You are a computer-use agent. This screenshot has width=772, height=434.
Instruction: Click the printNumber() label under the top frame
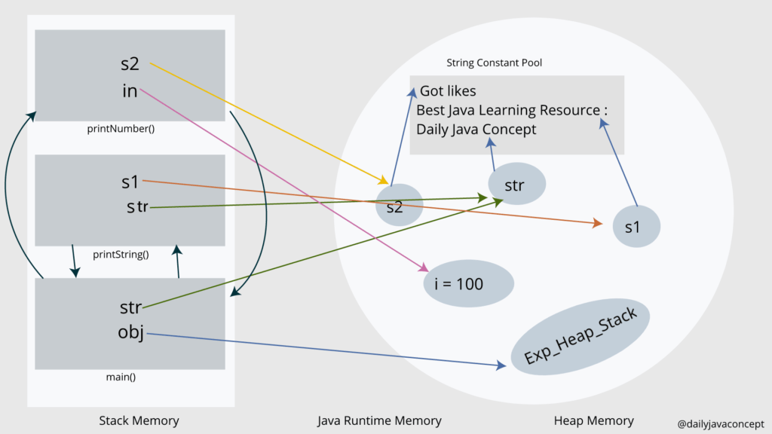121,128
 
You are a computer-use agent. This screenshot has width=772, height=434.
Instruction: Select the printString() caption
121,254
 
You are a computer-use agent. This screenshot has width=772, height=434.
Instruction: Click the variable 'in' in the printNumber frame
130,91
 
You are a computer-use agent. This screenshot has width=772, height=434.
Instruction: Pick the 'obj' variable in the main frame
130,332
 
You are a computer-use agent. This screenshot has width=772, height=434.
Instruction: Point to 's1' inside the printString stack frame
130,182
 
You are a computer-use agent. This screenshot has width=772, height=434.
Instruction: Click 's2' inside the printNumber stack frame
130,65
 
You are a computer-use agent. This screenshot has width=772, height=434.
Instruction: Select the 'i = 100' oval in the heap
468,284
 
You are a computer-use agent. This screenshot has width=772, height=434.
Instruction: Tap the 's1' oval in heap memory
637,227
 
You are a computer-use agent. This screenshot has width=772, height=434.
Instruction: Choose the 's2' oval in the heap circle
395,206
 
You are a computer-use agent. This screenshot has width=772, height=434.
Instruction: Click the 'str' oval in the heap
516,185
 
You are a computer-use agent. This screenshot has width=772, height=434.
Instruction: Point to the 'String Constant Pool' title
494,63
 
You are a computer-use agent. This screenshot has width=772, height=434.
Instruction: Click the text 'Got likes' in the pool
448,91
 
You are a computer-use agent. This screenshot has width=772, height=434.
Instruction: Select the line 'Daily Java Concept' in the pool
476,130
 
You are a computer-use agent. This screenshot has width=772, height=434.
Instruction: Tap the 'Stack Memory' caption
139,420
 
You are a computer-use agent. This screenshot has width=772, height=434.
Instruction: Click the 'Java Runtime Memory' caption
379,420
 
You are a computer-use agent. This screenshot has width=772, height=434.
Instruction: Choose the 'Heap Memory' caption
594,420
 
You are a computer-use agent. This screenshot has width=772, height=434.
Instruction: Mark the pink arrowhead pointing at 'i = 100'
424,267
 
